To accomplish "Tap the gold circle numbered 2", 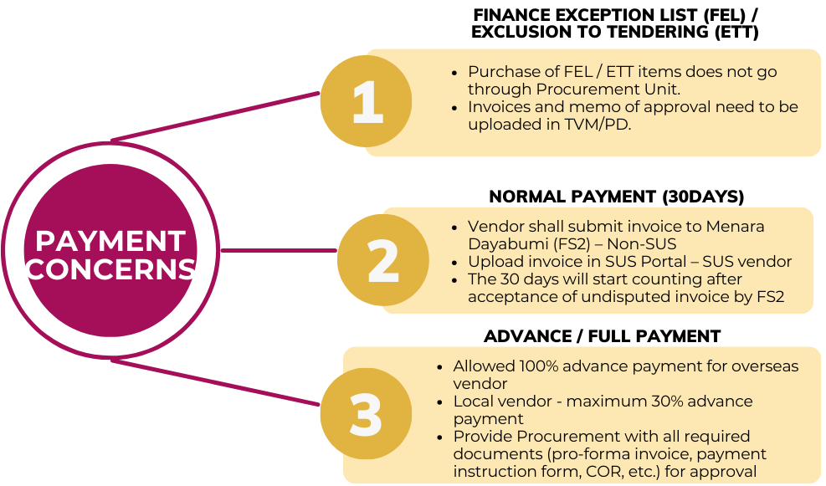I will point(382,260).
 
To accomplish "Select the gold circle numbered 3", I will point(366,415).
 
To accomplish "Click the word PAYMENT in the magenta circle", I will point(110,241).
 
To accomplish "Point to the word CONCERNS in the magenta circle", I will point(110,269).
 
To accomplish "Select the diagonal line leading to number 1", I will point(218,116).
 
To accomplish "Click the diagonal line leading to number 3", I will point(218,383).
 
